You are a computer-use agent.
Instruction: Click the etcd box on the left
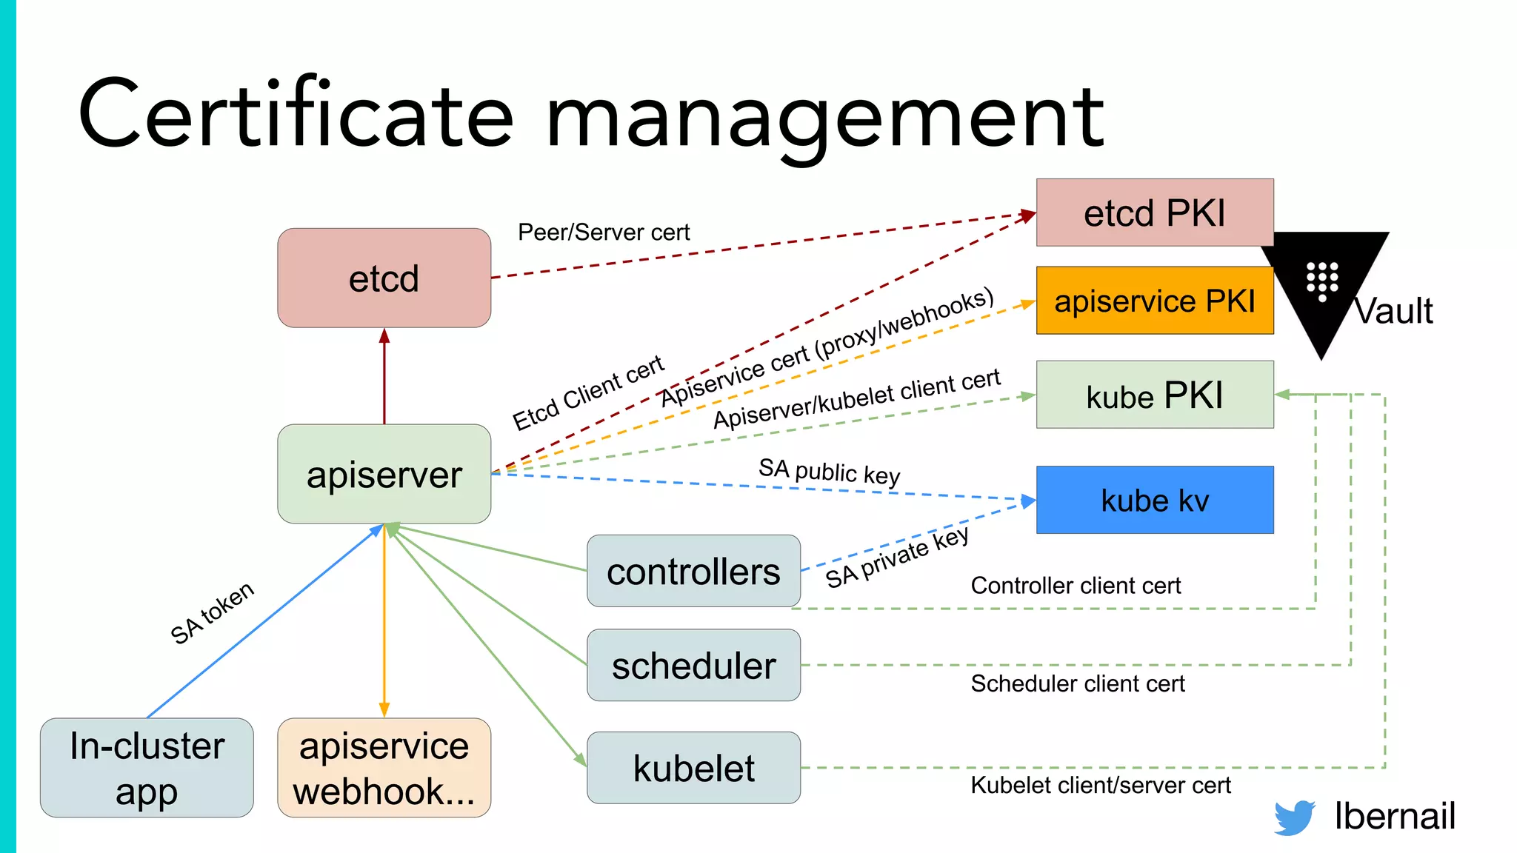[384, 278]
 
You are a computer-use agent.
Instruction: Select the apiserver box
[384, 474]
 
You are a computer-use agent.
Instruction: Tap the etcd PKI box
[1154, 213]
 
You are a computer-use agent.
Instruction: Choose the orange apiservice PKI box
[1154, 301]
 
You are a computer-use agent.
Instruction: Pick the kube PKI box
[1154, 395]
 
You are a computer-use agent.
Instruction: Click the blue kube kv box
[1154, 500]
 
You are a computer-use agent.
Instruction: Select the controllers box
[693, 571]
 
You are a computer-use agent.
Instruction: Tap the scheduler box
[693, 665]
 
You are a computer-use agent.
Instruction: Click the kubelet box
[693, 768]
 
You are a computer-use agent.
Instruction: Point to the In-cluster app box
[147, 768]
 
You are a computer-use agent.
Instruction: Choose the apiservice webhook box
[384, 768]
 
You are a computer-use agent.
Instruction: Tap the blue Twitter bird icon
[1294, 817]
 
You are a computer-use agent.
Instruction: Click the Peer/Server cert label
[603, 233]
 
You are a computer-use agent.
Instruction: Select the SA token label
[212, 613]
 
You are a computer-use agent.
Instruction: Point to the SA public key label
[829, 472]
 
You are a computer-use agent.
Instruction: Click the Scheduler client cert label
[1077, 683]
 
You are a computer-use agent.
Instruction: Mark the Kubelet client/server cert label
[1100, 785]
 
